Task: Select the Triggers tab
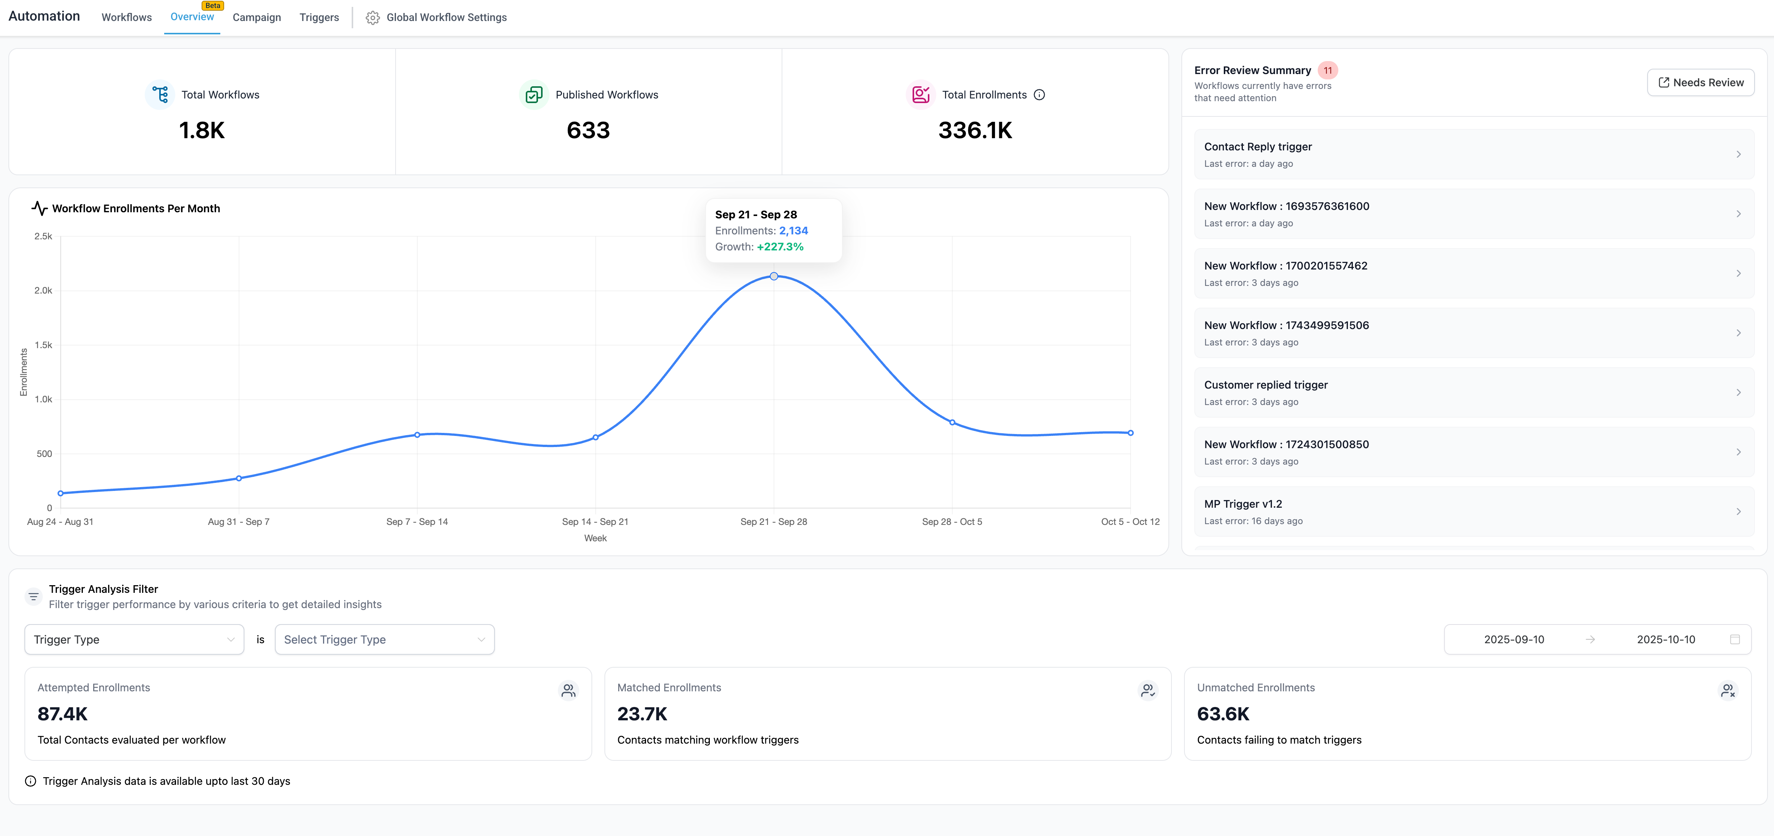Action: [x=319, y=17]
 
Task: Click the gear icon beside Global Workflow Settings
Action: [x=373, y=18]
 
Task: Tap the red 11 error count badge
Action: [x=1327, y=70]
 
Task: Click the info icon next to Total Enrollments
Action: [x=1039, y=95]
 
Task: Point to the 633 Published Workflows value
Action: [x=588, y=130]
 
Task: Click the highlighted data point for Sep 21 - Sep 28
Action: [x=774, y=276]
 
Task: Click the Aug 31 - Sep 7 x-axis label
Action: [x=238, y=522]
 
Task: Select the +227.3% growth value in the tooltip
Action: [x=780, y=247]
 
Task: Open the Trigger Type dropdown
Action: [x=134, y=640]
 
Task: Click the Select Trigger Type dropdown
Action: [x=384, y=640]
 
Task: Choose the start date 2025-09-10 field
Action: [x=1514, y=640]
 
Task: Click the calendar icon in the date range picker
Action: [x=1735, y=640]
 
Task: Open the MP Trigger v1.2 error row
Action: [x=1474, y=512]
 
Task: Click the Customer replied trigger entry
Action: [x=1474, y=392]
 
